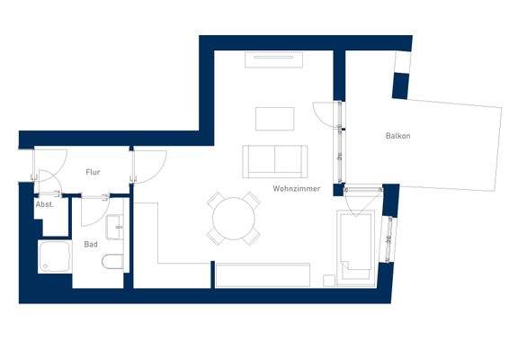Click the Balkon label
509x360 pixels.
(x=397, y=136)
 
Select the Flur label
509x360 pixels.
(x=93, y=171)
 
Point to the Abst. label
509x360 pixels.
(x=45, y=204)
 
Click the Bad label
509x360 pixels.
(x=91, y=243)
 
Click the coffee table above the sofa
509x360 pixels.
(x=274, y=119)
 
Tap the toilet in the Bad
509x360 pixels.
(x=114, y=263)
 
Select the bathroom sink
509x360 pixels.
(x=115, y=227)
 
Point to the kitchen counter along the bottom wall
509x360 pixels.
(x=261, y=274)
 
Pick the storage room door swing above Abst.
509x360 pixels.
(x=48, y=186)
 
